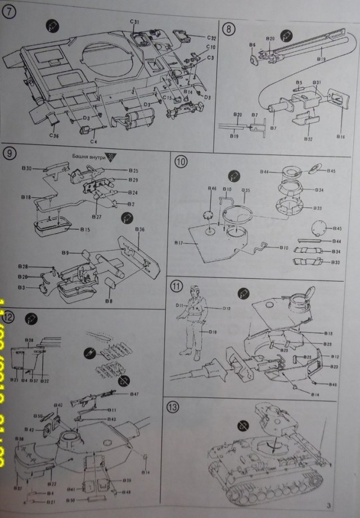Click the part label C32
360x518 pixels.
[x=211, y=38]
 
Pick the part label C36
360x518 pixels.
[x=54, y=135]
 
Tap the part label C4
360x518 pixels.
[x=94, y=141]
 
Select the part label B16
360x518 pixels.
[x=341, y=137]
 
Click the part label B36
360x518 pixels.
[x=140, y=230]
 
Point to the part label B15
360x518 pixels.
[x=85, y=230]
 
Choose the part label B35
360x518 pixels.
[x=246, y=191]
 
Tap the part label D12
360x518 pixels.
[x=227, y=309]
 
